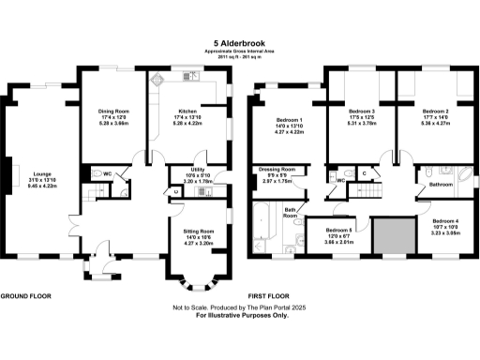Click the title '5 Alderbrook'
point(240,43)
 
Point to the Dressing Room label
point(277,172)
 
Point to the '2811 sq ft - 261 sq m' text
point(240,58)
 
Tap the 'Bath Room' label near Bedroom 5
point(292,213)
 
